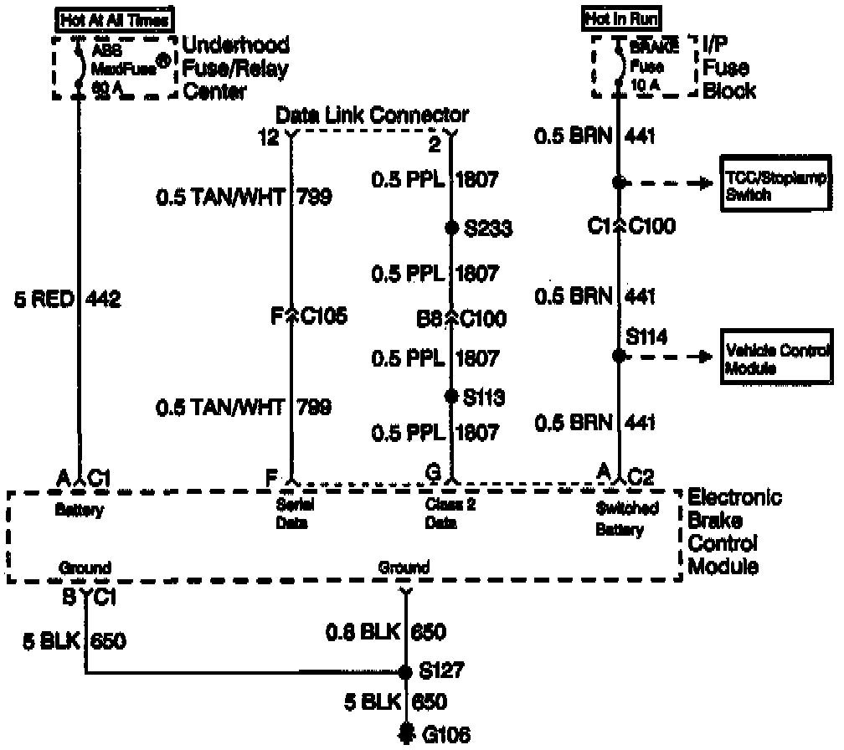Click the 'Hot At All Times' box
point(114,18)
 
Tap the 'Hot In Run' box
point(621,18)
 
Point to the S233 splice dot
point(451,228)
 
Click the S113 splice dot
point(451,394)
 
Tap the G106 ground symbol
point(406,733)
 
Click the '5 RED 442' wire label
point(68,299)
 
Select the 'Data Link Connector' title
point(372,115)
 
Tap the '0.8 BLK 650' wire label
point(385,632)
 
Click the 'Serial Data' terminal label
point(292,515)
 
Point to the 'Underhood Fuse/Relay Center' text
point(235,68)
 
